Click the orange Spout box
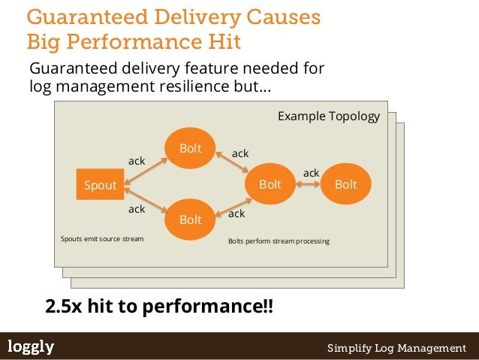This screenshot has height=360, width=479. (x=100, y=186)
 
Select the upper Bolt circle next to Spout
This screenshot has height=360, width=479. (x=190, y=149)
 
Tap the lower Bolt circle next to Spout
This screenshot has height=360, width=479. (x=190, y=219)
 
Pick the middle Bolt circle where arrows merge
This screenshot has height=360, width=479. (x=270, y=184)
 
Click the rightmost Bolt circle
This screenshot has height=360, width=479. (x=345, y=184)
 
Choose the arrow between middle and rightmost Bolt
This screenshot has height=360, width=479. (x=309, y=185)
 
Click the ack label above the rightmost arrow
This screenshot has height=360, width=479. (x=311, y=173)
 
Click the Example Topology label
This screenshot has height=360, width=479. (x=328, y=116)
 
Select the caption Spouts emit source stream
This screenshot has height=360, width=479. (x=101, y=239)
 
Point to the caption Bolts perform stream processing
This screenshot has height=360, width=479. (x=278, y=242)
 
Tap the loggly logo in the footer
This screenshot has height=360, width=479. (x=31, y=346)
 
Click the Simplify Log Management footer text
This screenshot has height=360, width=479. (x=396, y=348)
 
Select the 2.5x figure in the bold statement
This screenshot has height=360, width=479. (x=63, y=307)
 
